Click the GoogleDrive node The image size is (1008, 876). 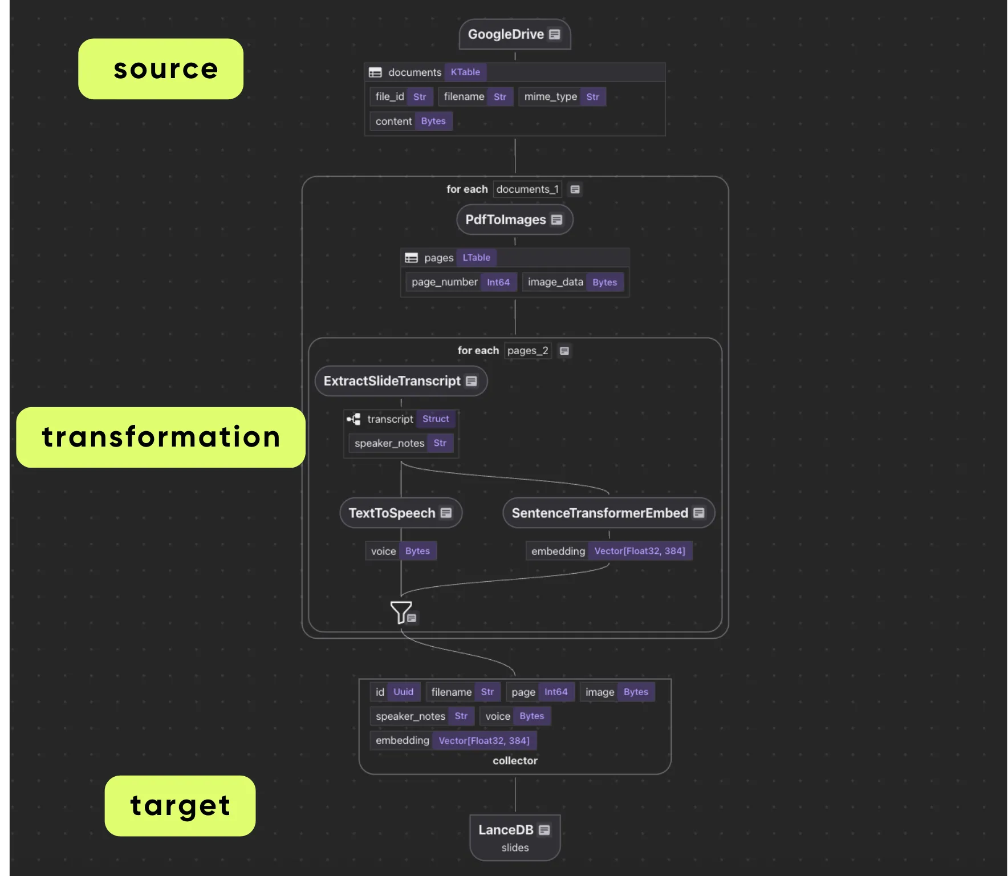point(514,34)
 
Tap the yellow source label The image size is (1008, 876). point(161,69)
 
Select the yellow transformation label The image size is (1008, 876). point(161,437)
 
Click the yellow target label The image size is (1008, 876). point(180,805)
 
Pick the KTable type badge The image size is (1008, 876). point(465,72)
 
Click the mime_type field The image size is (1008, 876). point(562,97)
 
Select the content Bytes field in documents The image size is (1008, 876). point(410,121)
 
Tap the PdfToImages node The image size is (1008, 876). point(514,220)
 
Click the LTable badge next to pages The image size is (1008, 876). point(476,258)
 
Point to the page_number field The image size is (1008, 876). point(461,282)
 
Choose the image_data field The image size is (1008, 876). point(572,282)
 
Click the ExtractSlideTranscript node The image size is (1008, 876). point(401,381)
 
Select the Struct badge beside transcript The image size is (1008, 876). point(436,419)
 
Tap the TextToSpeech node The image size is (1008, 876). point(400,513)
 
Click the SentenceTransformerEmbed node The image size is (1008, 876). point(608,513)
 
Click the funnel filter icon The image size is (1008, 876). point(401,613)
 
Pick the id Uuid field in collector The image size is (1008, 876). point(395,692)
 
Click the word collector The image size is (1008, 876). point(515,761)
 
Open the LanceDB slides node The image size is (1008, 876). point(515,837)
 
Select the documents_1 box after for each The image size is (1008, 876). point(527,189)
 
